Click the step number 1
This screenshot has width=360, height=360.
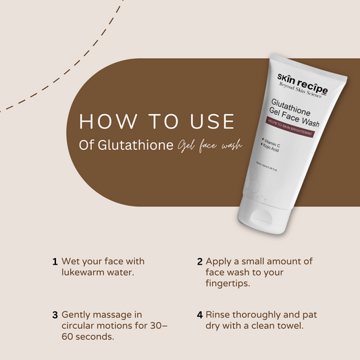54,261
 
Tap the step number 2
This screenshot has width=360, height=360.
200,261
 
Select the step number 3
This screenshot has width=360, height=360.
54,315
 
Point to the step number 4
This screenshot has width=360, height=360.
200,315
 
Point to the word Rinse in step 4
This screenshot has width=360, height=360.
220,315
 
